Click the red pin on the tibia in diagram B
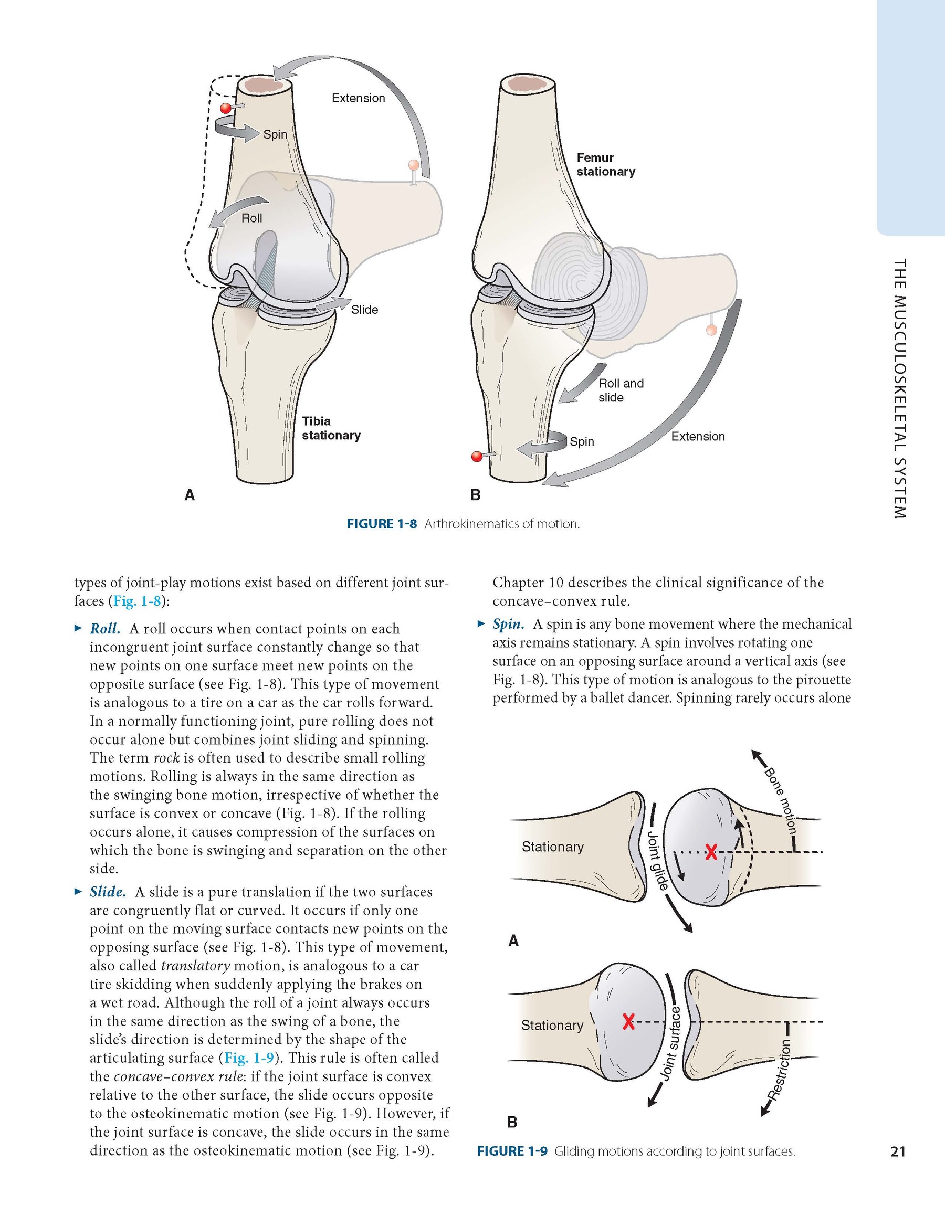click(x=476, y=456)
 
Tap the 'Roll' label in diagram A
click(x=252, y=218)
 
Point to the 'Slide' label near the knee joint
click(x=364, y=310)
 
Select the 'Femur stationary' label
click(x=605, y=165)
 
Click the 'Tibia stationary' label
click(x=331, y=428)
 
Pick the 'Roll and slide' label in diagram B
click(x=621, y=390)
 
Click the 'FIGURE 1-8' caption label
click(x=381, y=524)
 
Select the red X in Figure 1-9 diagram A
click(x=711, y=852)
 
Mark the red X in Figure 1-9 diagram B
click(x=628, y=1021)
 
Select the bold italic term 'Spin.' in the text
click(x=508, y=625)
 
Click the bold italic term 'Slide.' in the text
click(x=107, y=892)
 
